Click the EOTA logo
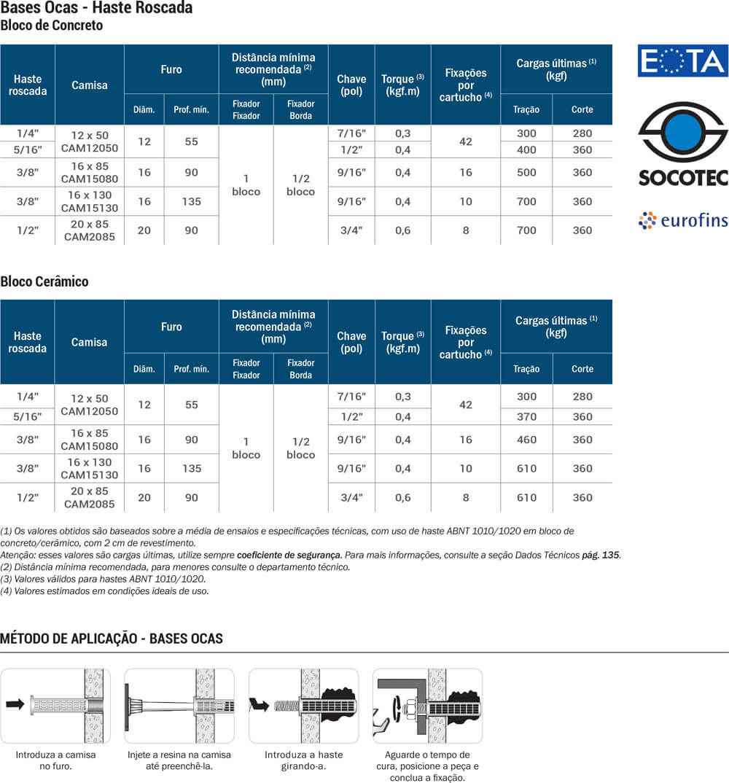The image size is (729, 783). click(682, 61)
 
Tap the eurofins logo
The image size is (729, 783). click(682, 219)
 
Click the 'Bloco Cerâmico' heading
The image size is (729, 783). click(44, 281)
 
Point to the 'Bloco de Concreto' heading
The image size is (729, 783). click(52, 26)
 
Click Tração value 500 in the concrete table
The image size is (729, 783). click(526, 173)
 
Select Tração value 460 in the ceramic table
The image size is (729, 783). click(526, 440)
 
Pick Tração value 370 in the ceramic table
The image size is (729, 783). click(526, 417)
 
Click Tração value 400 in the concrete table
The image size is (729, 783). click(526, 150)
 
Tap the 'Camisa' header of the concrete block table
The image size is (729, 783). click(89, 85)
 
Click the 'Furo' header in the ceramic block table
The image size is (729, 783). click(171, 327)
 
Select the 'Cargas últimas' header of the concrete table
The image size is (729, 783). click(556, 69)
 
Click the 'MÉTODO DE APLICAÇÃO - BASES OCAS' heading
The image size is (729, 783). click(112, 639)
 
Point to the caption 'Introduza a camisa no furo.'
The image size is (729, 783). click(55, 760)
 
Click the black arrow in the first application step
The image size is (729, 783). click(15, 704)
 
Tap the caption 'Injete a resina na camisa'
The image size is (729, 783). click(179, 755)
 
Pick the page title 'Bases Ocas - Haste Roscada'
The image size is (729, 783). click(97, 8)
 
